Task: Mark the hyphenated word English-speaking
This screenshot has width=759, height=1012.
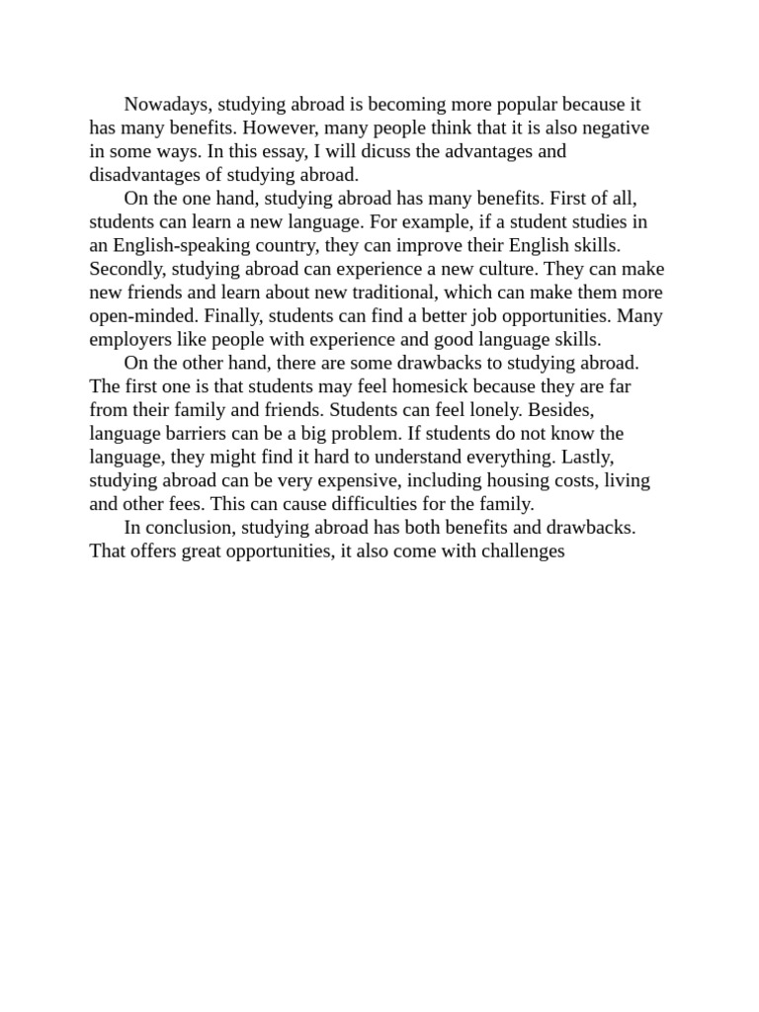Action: point(177,246)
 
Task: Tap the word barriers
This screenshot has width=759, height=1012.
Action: point(198,434)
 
